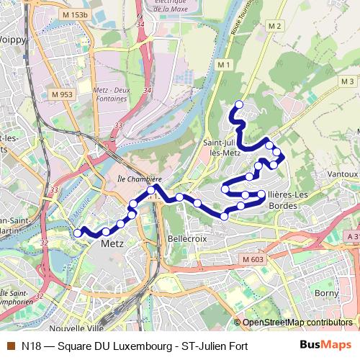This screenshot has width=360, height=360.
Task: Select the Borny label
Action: pos(326,293)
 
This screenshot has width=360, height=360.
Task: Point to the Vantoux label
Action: pos(341,175)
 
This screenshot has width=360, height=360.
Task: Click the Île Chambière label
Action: pos(138,179)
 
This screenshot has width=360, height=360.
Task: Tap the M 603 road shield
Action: pos(253,259)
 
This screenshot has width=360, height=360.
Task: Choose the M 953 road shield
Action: pos(61,94)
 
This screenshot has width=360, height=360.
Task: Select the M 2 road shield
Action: pos(273,26)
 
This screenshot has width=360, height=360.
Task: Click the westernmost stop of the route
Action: pos(78,233)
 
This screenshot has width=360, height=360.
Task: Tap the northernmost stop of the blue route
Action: pos(239,105)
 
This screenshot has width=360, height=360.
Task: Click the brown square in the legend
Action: pos(10,346)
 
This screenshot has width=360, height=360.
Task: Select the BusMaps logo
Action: pos(325,346)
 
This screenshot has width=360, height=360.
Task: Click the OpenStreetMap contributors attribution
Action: pos(297,322)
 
